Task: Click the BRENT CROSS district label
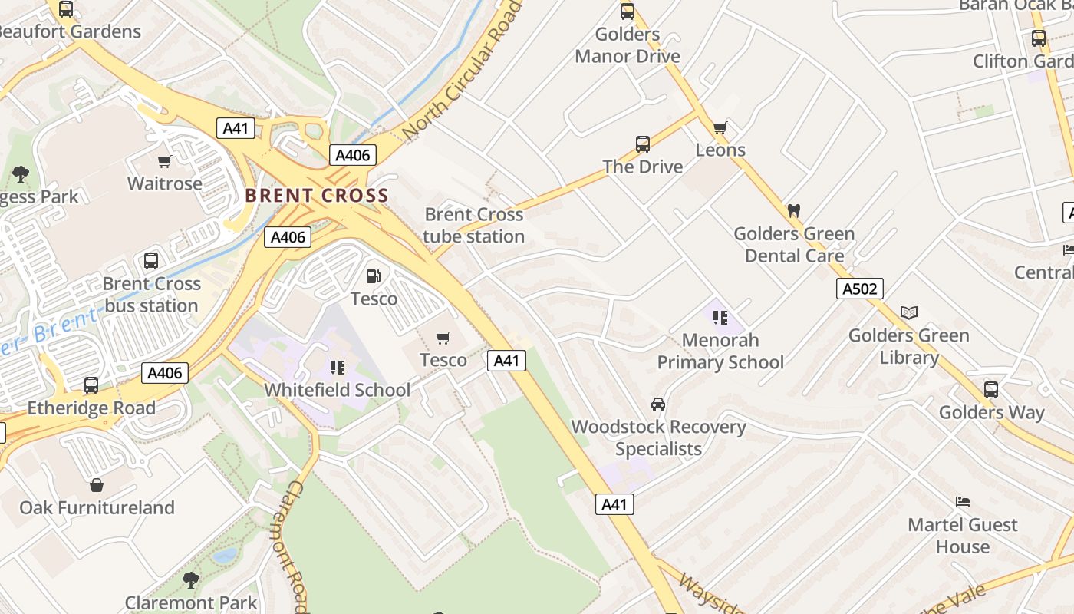(317, 195)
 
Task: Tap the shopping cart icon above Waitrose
(164, 161)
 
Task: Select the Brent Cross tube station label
(473, 225)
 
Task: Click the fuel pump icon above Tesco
(374, 276)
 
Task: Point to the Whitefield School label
(338, 390)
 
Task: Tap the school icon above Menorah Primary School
(720, 317)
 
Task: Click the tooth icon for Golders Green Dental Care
(794, 210)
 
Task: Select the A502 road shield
(860, 289)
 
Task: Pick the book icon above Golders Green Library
(909, 312)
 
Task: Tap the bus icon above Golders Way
(991, 389)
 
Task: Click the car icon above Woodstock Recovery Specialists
(657, 404)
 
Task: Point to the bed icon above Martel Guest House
(963, 502)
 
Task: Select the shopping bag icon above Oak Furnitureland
(97, 485)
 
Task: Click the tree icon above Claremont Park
(191, 579)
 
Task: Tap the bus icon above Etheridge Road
(91, 385)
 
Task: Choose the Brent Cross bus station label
(151, 295)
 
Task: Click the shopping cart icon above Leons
(720, 127)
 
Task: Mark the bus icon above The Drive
(643, 144)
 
